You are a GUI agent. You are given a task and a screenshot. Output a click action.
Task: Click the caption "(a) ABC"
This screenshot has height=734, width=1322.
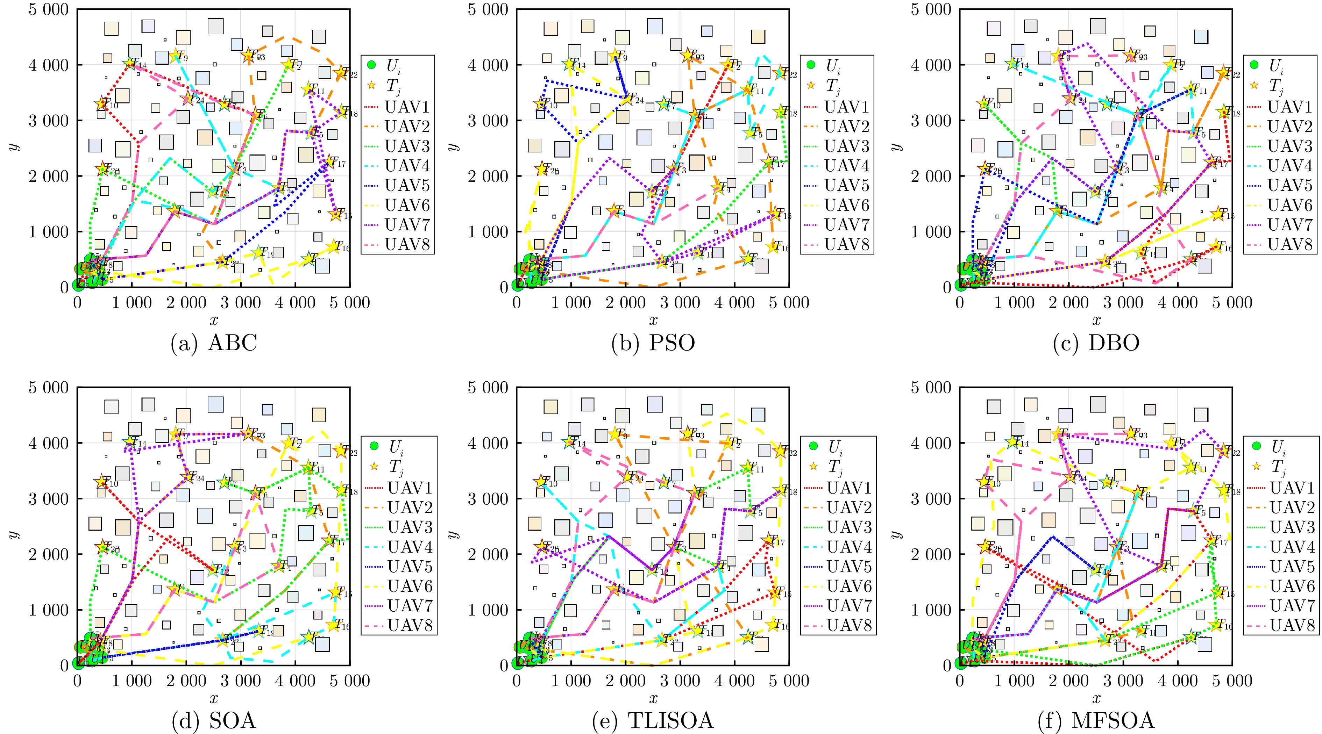[213, 343]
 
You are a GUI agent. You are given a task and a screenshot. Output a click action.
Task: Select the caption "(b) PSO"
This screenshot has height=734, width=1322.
[653, 343]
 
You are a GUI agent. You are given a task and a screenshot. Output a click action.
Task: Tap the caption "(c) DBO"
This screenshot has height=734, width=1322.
[1096, 343]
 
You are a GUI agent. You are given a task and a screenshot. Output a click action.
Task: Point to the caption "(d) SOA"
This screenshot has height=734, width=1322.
[213, 721]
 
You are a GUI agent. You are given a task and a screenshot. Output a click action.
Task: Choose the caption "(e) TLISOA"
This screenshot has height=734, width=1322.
[653, 721]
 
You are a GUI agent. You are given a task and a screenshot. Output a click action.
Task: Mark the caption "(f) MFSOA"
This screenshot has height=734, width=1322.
[1096, 721]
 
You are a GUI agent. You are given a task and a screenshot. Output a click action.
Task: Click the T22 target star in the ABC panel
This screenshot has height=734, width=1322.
[340, 73]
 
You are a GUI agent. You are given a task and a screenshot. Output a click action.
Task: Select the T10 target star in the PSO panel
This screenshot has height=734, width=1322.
[540, 104]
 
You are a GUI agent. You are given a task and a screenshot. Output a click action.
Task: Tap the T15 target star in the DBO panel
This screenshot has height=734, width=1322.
[1217, 214]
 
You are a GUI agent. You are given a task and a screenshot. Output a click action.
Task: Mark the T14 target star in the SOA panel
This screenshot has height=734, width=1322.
[129, 442]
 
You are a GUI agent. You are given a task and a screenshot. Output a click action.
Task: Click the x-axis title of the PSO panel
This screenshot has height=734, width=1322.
[653, 321]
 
